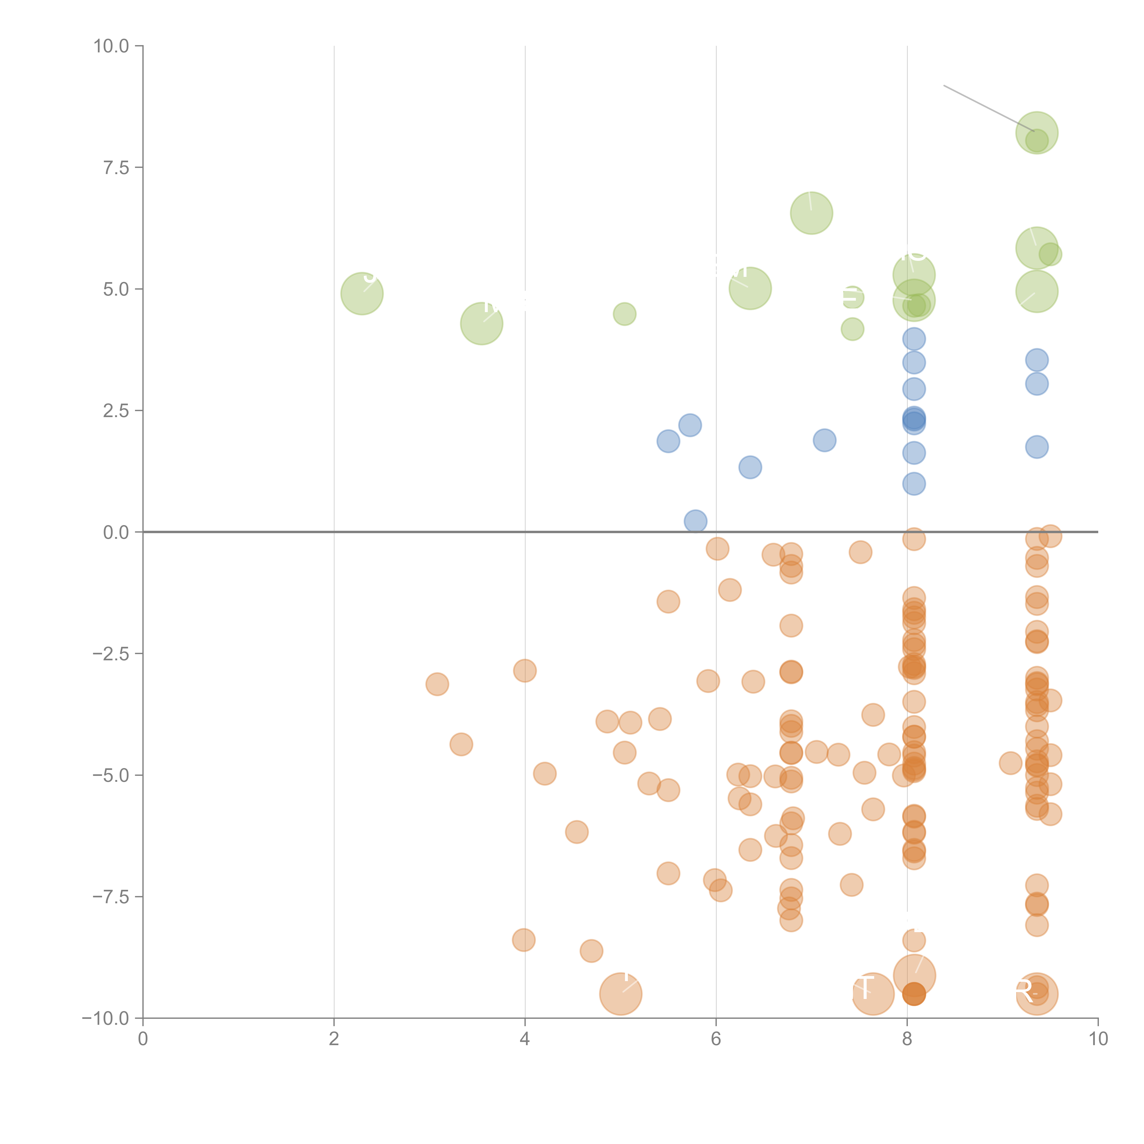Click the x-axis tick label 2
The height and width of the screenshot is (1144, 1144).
(x=334, y=1039)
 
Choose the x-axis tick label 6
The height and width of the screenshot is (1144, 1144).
(x=716, y=1039)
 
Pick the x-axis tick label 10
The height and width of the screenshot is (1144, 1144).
(x=1098, y=1039)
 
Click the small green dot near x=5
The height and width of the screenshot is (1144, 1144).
(x=624, y=314)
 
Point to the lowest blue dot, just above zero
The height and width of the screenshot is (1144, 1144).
(x=695, y=521)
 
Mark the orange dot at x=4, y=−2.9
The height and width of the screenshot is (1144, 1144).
(x=525, y=671)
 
